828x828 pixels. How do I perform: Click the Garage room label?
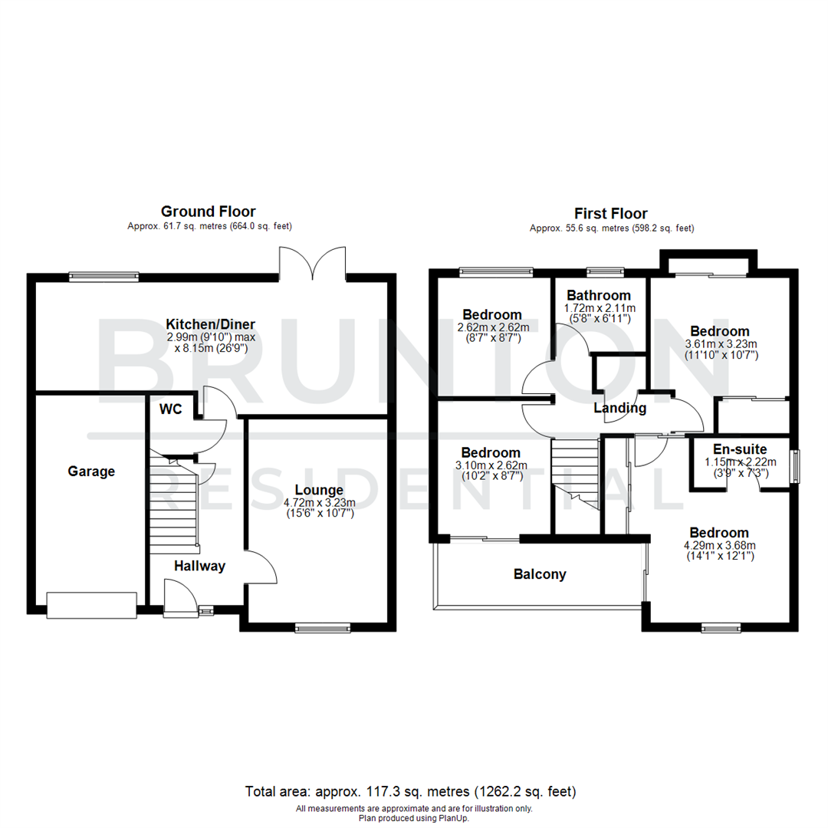(x=90, y=472)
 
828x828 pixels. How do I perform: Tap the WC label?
(x=170, y=409)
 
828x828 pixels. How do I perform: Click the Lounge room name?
(x=319, y=490)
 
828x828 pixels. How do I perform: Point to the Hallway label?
(x=199, y=567)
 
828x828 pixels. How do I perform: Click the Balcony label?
(x=540, y=574)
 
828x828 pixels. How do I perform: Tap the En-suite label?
(x=740, y=449)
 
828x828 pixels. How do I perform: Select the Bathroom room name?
(x=599, y=295)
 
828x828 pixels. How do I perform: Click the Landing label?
(x=619, y=409)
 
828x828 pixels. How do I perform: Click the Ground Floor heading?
(x=208, y=211)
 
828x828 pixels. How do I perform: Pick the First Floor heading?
(x=611, y=214)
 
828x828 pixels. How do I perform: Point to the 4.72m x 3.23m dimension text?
(x=319, y=502)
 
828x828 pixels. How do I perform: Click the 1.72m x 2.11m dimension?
(x=599, y=307)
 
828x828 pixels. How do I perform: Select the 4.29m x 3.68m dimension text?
(x=718, y=546)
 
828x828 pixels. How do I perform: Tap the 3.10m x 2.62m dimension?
(x=491, y=465)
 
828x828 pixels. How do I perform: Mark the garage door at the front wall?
(x=92, y=605)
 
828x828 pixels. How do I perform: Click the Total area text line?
(x=410, y=790)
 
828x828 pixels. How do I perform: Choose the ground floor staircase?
(x=174, y=506)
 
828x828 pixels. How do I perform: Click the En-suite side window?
(x=797, y=466)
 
